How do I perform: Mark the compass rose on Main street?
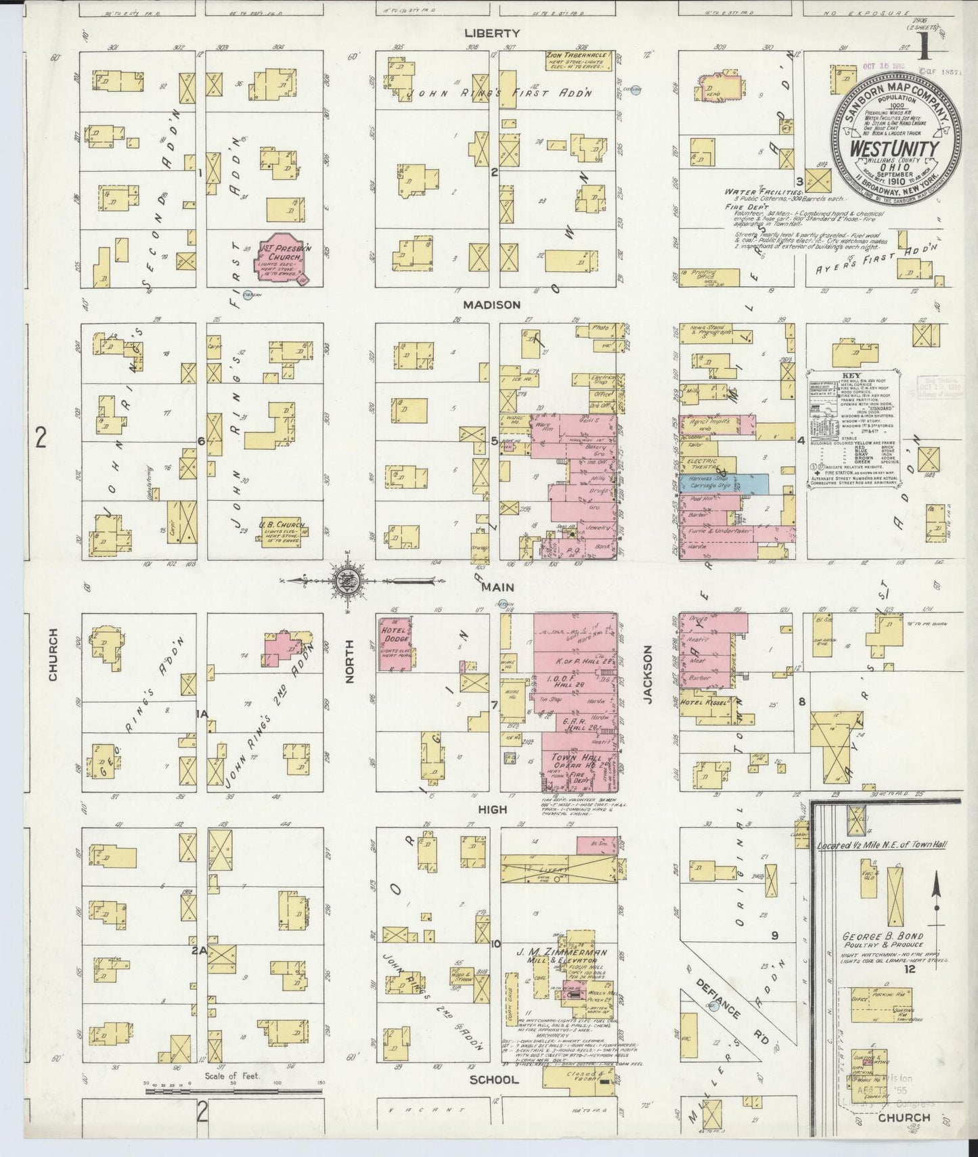tap(346, 579)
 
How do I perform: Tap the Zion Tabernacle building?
tap(580, 60)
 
